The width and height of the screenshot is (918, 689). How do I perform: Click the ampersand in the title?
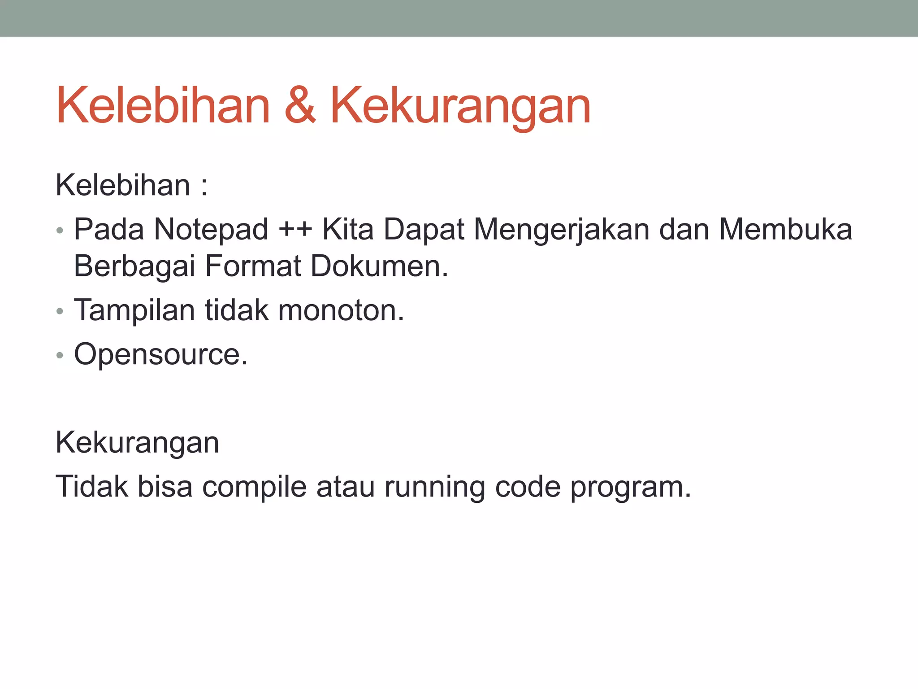(x=300, y=106)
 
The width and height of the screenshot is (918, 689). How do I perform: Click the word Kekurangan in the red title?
(x=460, y=107)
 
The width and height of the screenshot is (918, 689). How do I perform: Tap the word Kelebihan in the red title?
(x=163, y=106)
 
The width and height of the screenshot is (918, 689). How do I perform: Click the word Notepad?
(x=211, y=229)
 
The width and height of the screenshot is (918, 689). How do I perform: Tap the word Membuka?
(x=785, y=229)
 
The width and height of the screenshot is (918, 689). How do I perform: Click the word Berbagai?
(x=134, y=266)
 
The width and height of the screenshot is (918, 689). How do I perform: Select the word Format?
(x=253, y=266)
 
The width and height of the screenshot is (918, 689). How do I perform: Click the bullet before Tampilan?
(x=60, y=311)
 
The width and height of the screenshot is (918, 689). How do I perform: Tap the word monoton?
(x=341, y=310)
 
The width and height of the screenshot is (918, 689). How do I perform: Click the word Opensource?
(x=160, y=355)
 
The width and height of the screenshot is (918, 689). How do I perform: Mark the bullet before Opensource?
(x=60, y=356)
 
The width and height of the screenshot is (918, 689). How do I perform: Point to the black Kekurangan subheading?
(x=137, y=443)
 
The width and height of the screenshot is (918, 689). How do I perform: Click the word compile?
(x=254, y=487)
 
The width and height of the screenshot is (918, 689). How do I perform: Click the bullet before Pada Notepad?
(x=60, y=231)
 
